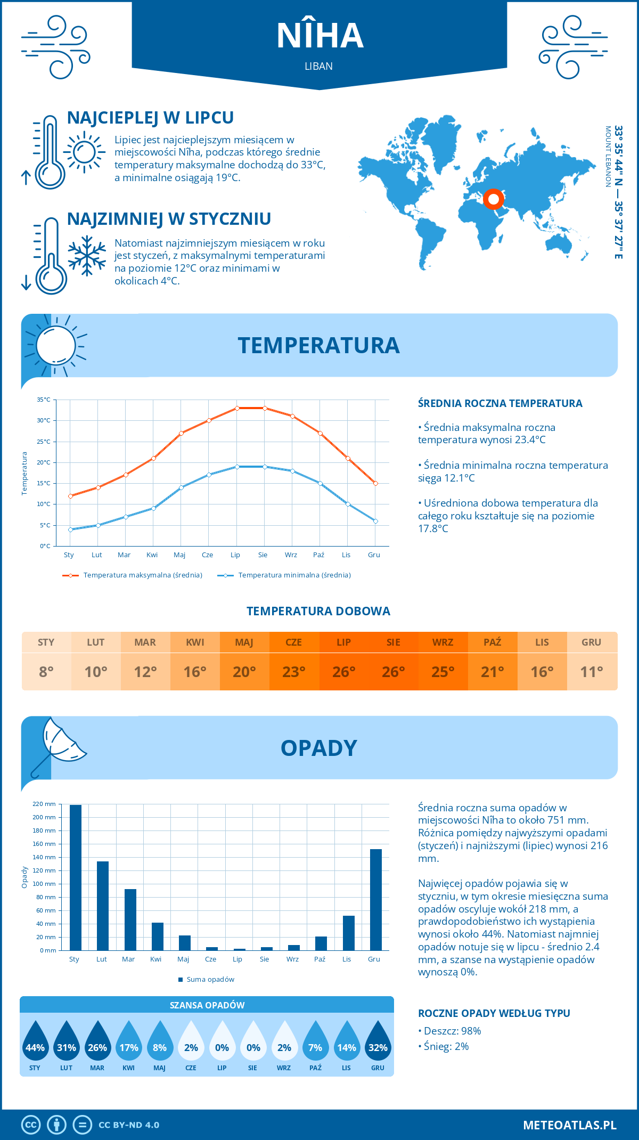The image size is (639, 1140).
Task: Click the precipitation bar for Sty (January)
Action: pyautogui.click(x=76, y=877)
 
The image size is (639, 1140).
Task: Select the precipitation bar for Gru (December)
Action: pyautogui.click(x=376, y=900)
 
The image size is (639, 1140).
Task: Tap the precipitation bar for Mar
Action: pyautogui.click(x=130, y=919)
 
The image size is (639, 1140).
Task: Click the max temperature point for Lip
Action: pyautogui.click(x=237, y=408)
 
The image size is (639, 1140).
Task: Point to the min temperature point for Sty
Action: pyautogui.click(x=70, y=530)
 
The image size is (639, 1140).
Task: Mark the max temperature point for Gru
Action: pyautogui.click(x=375, y=483)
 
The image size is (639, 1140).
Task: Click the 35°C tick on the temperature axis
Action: pyautogui.click(x=44, y=400)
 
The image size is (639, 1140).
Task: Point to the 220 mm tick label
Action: pyautogui.click(x=44, y=804)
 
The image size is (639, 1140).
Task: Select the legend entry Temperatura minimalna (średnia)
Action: pyautogui.click(x=294, y=575)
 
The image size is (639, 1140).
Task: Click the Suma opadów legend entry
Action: pyautogui.click(x=210, y=980)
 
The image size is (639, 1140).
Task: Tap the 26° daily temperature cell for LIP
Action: pyautogui.click(x=343, y=672)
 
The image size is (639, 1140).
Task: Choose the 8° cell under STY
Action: pyautogui.click(x=46, y=672)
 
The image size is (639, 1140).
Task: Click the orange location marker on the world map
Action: pyautogui.click(x=494, y=199)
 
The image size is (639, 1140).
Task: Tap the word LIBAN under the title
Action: pyautogui.click(x=319, y=66)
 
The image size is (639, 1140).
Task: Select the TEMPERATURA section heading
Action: pyautogui.click(x=318, y=345)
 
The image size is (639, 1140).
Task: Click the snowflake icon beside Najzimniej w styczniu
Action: pyautogui.click(x=87, y=256)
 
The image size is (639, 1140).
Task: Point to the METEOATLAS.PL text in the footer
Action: pyautogui.click(x=569, y=1125)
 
